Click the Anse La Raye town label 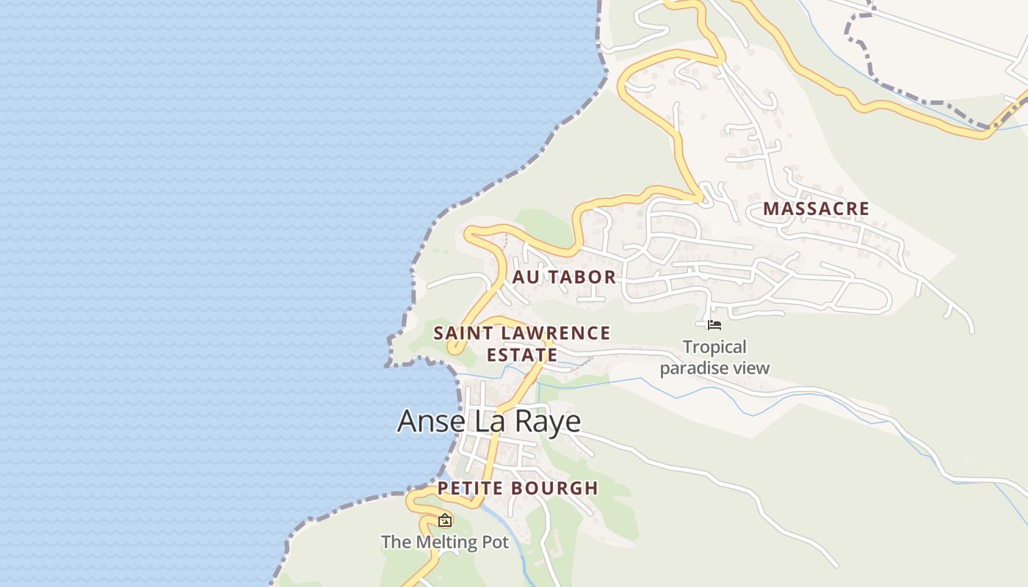click(x=489, y=421)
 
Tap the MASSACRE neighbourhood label click(x=816, y=208)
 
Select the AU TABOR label click(x=564, y=277)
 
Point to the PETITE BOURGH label click(x=518, y=488)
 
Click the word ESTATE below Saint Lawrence click(x=521, y=355)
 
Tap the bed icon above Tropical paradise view click(x=714, y=324)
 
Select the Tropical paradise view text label click(x=714, y=357)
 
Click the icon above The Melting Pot click(x=445, y=520)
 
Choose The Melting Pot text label click(x=445, y=542)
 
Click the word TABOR click(x=582, y=277)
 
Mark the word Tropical click(x=714, y=347)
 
